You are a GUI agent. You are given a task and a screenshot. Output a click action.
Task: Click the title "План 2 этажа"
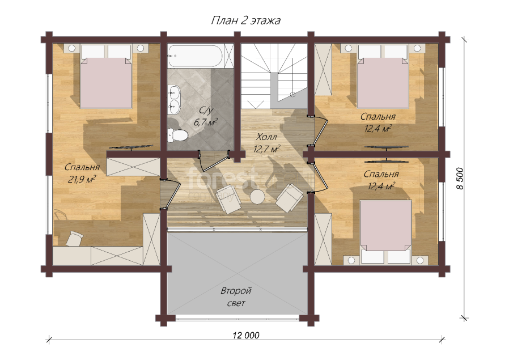pyautogui.click(x=246, y=20)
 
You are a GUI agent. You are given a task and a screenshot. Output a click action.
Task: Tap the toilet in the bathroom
pyautogui.click(x=177, y=135)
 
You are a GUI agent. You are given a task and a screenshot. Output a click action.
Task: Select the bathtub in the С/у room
pyautogui.click(x=196, y=56)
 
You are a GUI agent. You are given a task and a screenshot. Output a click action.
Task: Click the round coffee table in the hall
pyautogui.click(x=257, y=197)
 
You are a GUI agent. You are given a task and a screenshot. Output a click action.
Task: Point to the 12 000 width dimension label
pyautogui.click(x=246, y=335)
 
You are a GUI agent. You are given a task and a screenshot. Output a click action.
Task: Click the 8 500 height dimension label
pyautogui.click(x=460, y=179)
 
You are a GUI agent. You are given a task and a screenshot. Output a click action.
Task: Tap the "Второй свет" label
pyautogui.click(x=236, y=297)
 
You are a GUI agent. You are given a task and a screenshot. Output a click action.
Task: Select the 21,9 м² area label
pyautogui.click(x=82, y=179)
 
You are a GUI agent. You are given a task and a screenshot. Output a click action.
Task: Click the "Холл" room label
pyautogui.click(x=266, y=137)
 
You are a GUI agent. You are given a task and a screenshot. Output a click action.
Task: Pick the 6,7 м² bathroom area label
pyautogui.click(x=205, y=122)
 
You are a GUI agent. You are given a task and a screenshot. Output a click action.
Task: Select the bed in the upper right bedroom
pyautogui.click(x=383, y=77)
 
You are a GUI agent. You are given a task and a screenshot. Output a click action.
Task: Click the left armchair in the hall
pyautogui.click(x=229, y=200)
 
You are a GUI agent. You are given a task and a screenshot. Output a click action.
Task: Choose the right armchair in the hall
pyautogui.click(x=289, y=198)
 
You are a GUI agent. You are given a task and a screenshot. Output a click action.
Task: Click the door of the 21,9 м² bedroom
pyautogui.click(x=172, y=194)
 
